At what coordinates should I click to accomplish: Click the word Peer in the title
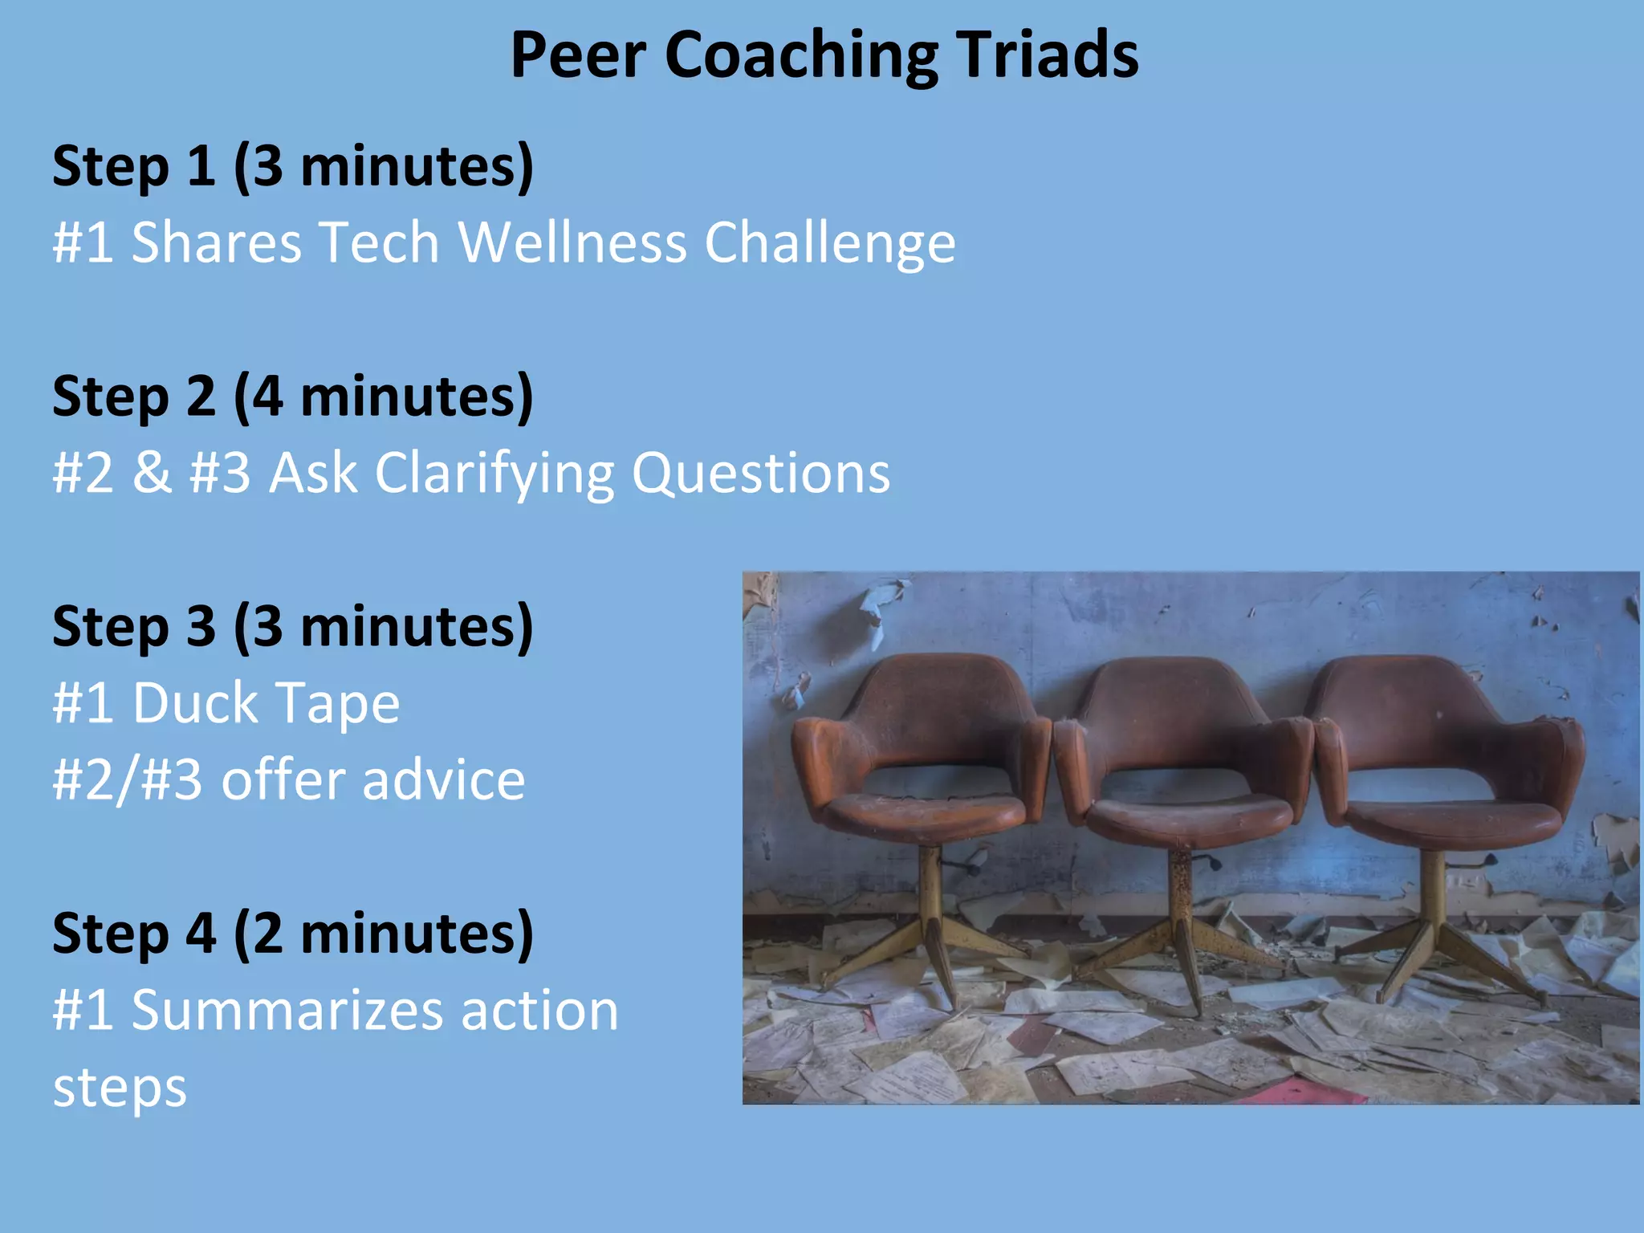tap(578, 55)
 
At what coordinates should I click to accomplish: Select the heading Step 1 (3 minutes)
tap(293, 166)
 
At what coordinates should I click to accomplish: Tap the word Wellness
tap(572, 242)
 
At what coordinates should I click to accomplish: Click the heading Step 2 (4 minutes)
tap(293, 397)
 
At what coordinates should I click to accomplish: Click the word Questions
tap(761, 474)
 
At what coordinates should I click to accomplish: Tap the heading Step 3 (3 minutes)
tap(293, 626)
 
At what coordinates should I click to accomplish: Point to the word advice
tap(444, 780)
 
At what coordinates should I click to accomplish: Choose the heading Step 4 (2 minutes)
tap(293, 934)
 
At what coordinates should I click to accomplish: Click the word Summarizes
tap(286, 1010)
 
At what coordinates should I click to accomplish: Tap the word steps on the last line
tap(120, 1089)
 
